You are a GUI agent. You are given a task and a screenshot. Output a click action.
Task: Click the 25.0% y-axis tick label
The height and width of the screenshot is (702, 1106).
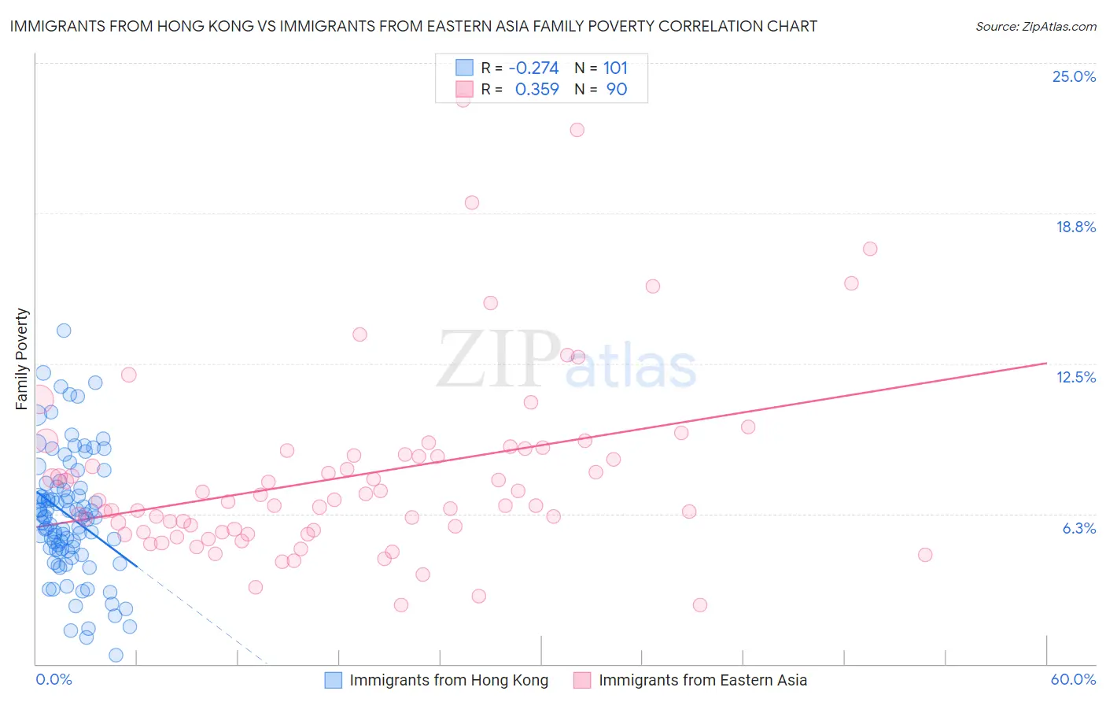[x=1074, y=76]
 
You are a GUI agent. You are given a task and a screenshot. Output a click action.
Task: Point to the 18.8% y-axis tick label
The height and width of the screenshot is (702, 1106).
[x=1075, y=227]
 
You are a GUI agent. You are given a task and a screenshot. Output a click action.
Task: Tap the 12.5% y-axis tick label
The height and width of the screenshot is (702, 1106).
[x=1075, y=377]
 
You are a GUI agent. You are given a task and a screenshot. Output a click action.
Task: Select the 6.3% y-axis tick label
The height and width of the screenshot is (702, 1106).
[x=1078, y=528]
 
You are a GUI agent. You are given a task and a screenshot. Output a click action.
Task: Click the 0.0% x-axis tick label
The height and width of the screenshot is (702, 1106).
[x=53, y=679]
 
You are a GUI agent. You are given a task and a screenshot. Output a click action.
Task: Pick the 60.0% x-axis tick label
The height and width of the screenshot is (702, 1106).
[x=1073, y=679]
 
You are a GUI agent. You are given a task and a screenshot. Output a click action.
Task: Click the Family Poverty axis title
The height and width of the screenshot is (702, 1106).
[x=22, y=359]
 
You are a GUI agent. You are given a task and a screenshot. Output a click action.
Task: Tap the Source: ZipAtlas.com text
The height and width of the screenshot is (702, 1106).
[x=1035, y=26]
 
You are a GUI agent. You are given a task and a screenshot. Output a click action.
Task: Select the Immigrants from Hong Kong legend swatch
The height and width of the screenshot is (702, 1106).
[x=334, y=680]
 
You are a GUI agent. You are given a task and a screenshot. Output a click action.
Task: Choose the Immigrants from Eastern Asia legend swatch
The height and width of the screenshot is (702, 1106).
[x=582, y=680]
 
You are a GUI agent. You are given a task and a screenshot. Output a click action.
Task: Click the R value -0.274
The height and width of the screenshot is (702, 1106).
[x=533, y=68]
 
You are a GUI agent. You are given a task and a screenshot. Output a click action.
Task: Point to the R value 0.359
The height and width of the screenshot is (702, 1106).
[x=536, y=89]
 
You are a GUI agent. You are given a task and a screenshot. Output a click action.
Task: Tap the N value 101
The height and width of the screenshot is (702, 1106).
[x=615, y=68]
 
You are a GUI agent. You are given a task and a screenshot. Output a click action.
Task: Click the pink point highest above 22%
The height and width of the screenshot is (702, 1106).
[x=463, y=99]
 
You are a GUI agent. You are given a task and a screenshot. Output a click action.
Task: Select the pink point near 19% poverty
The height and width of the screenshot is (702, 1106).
[x=472, y=202]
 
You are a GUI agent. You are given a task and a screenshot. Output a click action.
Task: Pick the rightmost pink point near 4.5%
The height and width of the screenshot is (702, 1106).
[x=925, y=555]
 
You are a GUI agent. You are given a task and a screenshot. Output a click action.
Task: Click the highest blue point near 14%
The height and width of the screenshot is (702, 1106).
[x=64, y=331]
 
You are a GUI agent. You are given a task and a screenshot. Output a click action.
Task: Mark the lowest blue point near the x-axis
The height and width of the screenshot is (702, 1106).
[x=116, y=655]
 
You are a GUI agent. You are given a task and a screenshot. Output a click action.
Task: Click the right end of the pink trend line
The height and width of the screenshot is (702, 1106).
[x=1046, y=363]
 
